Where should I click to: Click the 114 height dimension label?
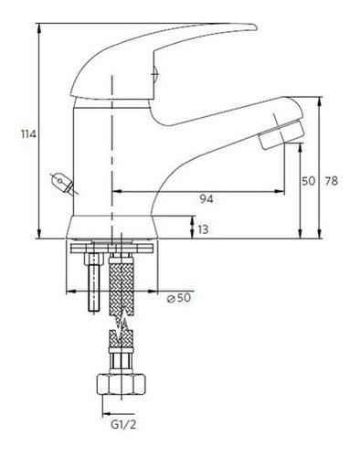(x=28, y=134)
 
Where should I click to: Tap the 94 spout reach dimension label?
(x=206, y=199)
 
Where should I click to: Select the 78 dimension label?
(x=332, y=181)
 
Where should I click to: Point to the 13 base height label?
(x=203, y=229)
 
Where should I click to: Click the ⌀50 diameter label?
(x=179, y=298)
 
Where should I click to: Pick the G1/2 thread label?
(x=123, y=425)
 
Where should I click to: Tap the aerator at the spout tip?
(x=281, y=135)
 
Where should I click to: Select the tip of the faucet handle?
(x=256, y=28)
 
